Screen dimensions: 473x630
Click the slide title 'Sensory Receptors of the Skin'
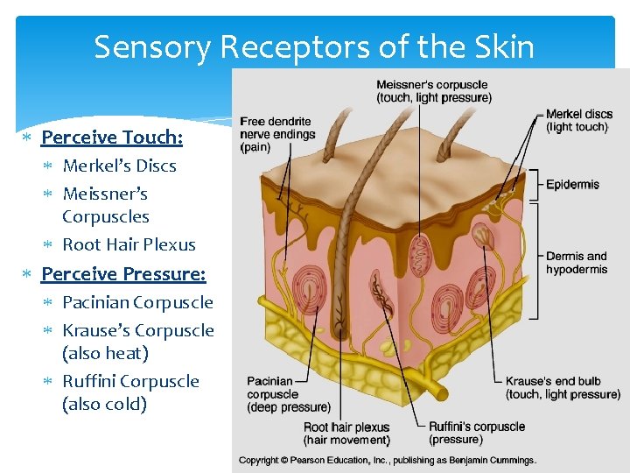[314, 46]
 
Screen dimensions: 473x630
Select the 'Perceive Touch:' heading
[112, 138]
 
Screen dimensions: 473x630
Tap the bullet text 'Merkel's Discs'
[119, 166]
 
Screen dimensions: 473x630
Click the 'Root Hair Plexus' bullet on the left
[129, 244]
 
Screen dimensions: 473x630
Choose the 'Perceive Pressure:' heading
[123, 274]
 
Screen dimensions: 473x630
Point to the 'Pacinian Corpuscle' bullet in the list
[137, 302]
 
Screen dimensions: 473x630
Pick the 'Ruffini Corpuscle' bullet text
[130, 381]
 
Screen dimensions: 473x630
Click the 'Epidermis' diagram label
[572, 185]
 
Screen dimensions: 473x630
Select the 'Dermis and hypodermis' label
[576, 263]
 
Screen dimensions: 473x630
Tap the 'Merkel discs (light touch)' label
[578, 121]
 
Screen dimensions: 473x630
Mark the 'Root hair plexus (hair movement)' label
[346, 433]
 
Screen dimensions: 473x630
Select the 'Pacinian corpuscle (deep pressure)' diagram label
[288, 394]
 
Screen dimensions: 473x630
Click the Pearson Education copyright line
[388, 460]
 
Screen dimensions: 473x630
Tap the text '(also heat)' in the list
[105, 353]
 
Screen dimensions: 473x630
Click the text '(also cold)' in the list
[104, 404]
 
